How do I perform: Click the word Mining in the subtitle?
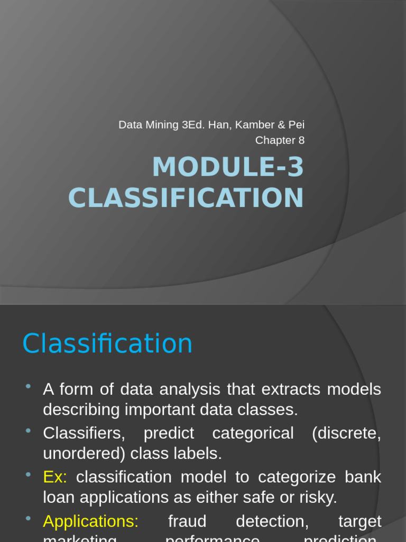click(x=162, y=125)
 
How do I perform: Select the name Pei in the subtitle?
click(x=297, y=125)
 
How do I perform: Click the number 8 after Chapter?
click(x=301, y=140)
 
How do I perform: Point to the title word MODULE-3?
click(x=228, y=167)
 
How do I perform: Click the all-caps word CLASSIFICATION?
click(x=186, y=198)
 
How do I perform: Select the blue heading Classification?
click(x=107, y=344)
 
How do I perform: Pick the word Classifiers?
click(x=84, y=433)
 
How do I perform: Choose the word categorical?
click(x=253, y=433)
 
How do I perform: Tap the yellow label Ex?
click(x=55, y=477)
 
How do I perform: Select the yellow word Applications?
click(x=90, y=521)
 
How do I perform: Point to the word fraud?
click(x=187, y=521)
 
